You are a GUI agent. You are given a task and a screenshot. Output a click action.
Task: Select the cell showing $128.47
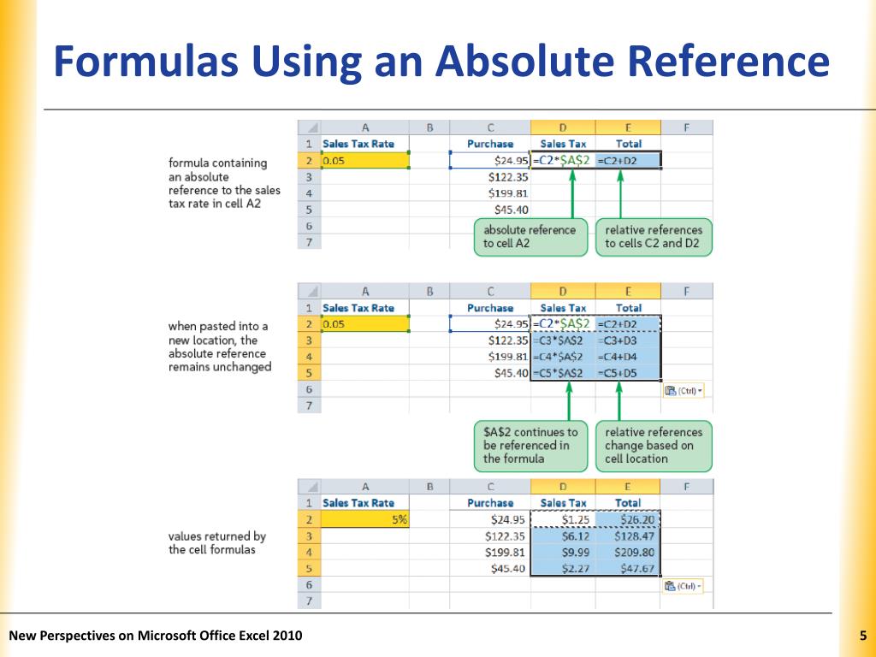629,536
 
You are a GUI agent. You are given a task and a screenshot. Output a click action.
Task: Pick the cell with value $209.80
629,552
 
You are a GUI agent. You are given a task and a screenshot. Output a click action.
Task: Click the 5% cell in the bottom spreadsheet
365,519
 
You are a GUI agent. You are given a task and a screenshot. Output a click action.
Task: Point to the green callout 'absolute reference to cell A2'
530,236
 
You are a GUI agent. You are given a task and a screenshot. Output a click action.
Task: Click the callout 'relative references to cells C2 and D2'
654,236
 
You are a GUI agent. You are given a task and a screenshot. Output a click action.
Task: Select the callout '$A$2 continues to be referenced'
530,445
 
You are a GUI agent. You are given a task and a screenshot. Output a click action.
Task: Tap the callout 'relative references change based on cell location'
654,445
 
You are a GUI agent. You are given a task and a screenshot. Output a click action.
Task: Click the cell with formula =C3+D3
629,340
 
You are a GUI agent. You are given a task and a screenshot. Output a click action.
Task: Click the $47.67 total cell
629,568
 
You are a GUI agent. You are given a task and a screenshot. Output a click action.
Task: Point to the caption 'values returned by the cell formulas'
217,542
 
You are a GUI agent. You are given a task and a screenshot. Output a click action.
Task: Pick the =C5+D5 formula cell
629,373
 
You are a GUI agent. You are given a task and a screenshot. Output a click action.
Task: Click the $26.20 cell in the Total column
629,519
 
